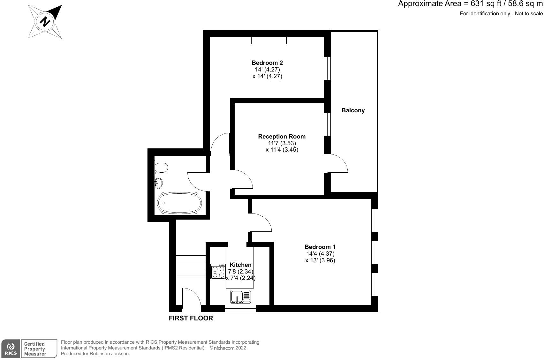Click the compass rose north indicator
(45, 22)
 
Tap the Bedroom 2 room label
(267, 63)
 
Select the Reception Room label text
(282, 137)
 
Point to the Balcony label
(353, 110)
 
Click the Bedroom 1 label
(320, 247)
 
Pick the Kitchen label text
(240, 265)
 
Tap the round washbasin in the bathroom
(158, 183)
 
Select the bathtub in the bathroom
(179, 203)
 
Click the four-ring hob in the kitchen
(218, 272)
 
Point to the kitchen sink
(240, 297)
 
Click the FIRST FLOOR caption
(191, 318)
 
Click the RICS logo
(11, 349)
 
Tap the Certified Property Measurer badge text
(35, 349)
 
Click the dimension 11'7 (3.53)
(282, 143)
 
